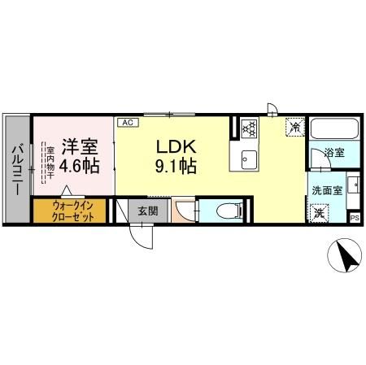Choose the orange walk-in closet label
tap(73, 211)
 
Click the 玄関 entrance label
tap(147, 211)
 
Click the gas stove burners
tap(249, 128)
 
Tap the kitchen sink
tap(249, 157)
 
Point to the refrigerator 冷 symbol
tap(294, 127)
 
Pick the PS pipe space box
tap(354, 217)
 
